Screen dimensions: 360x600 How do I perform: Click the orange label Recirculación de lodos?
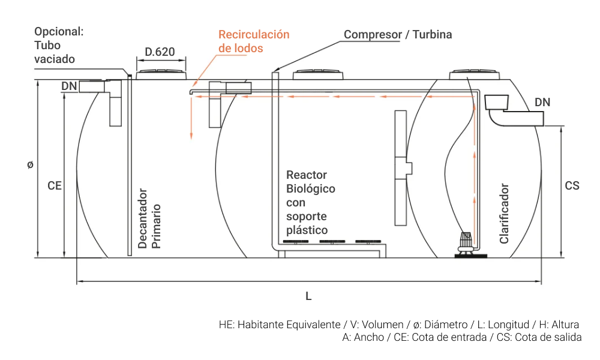(x=253, y=41)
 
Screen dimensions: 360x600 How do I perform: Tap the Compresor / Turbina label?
(x=398, y=34)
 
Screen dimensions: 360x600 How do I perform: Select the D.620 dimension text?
(x=160, y=52)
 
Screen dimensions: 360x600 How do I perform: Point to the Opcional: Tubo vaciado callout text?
(x=58, y=45)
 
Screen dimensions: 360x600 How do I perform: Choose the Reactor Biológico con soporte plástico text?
(x=310, y=202)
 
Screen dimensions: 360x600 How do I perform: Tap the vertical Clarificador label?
(x=504, y=214)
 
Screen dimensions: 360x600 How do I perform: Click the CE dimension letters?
(x=55, y=186)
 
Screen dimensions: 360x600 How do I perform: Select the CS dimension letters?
(x=572, y=186)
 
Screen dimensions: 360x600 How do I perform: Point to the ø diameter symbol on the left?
(x=30, y=164)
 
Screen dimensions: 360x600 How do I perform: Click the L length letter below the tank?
(x=308, y=296)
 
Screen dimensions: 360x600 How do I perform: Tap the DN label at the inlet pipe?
(x=69, y=86)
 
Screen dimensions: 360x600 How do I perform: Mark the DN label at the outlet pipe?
(x=542, y=103)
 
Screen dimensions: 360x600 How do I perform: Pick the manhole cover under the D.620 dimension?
(x=161, y=74)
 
